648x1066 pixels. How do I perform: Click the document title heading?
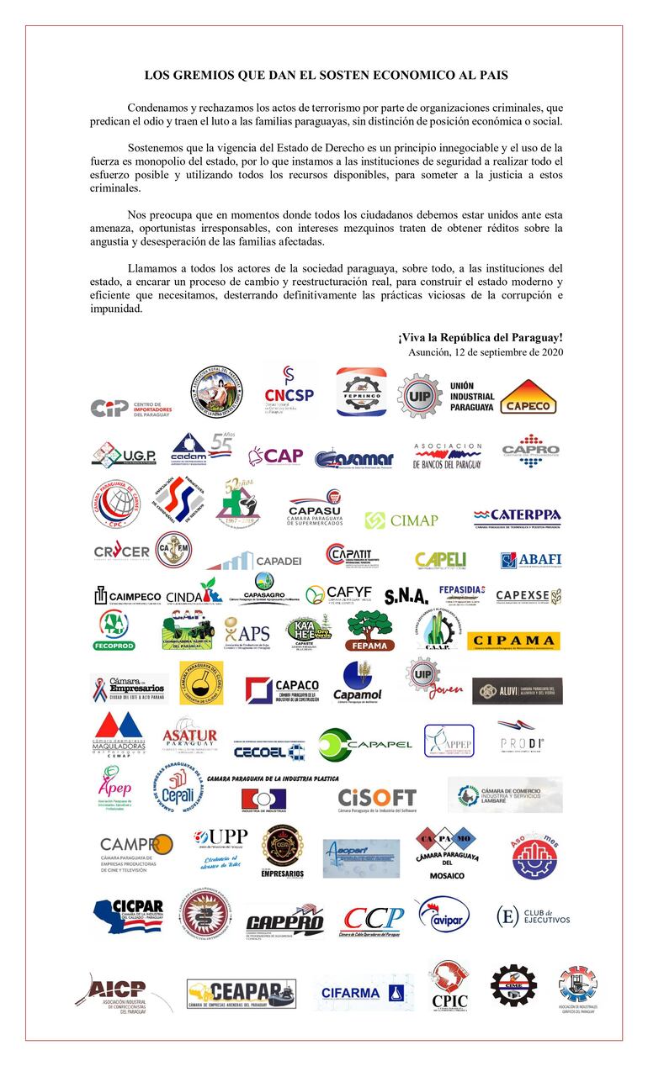tap(325, 75)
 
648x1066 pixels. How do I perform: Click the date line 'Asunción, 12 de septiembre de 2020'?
tap(486, 352)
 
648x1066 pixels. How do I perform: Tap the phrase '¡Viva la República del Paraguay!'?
tap(481, 337)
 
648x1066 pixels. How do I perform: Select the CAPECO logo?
tap(528, 398)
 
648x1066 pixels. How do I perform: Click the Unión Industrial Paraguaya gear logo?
tap(419, 394)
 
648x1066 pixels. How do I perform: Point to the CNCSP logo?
tap(289, 389)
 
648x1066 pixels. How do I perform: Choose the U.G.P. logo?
tap(124, 455)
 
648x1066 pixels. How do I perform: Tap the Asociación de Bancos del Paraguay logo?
tap(448, 456)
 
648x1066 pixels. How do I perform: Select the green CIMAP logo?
tap(401, 520)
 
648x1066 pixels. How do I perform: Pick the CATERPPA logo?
tap(517, 516)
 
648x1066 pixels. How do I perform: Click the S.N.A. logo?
tap(406, 596)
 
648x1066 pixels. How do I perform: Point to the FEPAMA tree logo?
tap(369, 631)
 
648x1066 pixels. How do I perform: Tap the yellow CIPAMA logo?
tap(513, 641)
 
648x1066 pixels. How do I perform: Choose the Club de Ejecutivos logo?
tap(533, 916)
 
